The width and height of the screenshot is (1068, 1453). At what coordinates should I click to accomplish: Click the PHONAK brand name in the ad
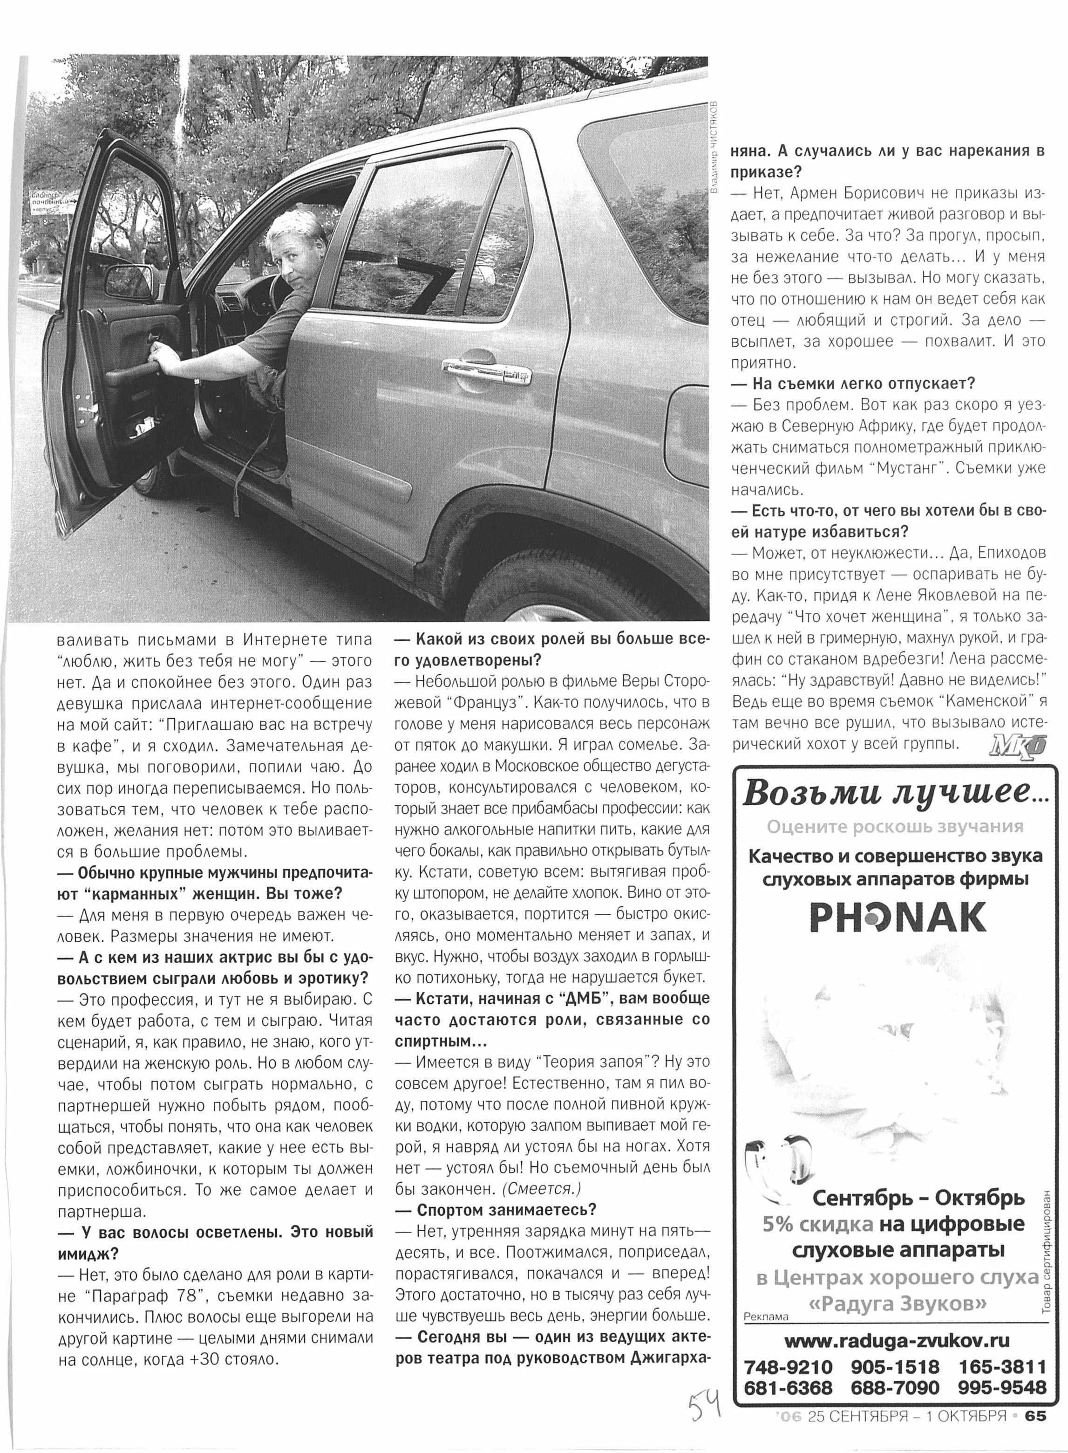898,917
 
